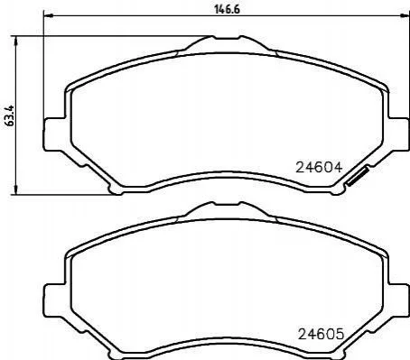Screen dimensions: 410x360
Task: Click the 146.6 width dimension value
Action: (228, 9)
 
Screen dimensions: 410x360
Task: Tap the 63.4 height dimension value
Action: (10, 115)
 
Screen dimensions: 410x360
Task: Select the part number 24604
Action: (319, 168)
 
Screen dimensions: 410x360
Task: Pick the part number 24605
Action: (321, 334)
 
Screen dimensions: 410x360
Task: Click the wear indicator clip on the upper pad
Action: (358, 177)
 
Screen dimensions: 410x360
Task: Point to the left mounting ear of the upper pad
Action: (55, 134)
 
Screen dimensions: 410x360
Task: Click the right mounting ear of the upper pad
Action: (398, 134)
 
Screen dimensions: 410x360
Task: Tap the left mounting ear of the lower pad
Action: (55, 300)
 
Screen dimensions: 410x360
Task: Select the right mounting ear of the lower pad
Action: (398, 300)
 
